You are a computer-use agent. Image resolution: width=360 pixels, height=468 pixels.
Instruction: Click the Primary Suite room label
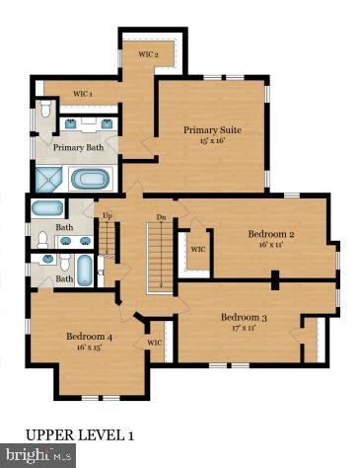[212, 129]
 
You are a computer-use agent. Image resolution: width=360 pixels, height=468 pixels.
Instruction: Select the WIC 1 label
[84, 95]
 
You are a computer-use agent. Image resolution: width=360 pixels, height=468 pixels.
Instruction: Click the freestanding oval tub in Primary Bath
[92, 181]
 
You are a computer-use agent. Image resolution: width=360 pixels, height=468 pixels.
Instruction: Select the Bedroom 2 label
[270, 234]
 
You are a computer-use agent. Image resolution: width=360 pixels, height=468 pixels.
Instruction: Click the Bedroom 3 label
[244, 317]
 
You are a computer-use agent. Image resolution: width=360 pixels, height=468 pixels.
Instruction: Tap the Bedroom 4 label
[90, 336]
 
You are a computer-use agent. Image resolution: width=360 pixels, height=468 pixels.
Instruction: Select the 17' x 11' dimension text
[244, 328]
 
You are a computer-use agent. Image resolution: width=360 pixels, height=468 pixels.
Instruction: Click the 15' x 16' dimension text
[212, 141]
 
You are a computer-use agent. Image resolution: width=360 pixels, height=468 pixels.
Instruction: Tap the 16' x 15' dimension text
[90, 348]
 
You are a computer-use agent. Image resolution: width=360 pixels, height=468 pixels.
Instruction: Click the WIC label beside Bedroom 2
[197, 249]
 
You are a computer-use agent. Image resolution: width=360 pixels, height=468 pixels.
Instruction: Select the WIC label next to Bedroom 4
[154, 343]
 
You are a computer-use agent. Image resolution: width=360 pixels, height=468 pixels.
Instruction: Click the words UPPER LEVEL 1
[79, 434]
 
